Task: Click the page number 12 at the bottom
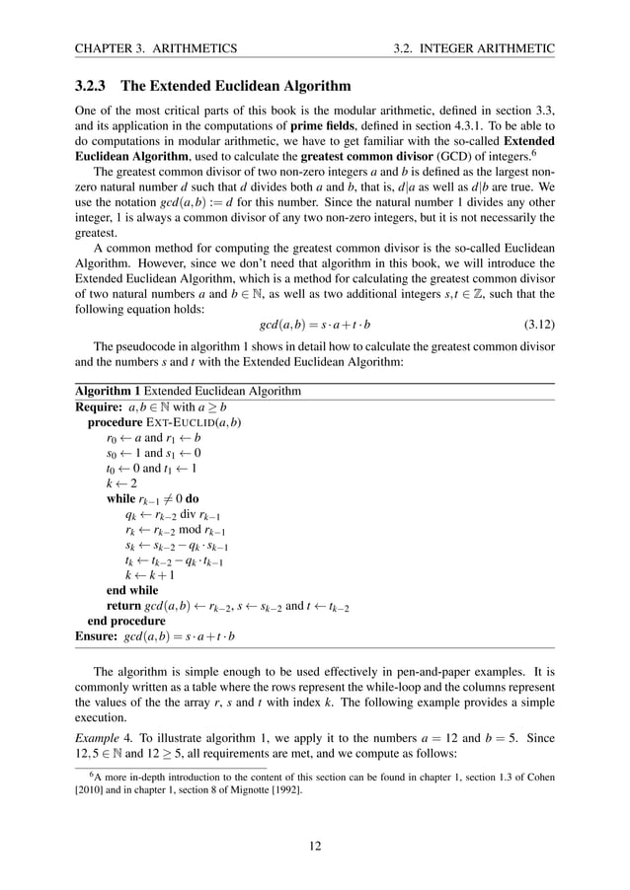(x=315, y=845)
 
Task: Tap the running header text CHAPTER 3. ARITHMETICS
(x=156, y=47)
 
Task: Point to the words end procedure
(x=126, y=622)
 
